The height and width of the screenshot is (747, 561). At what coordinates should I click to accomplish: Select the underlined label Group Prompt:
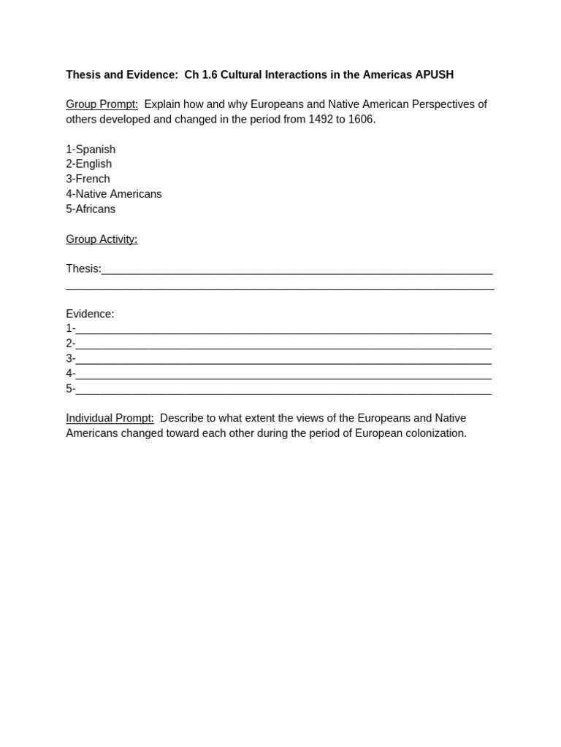click(x=102, y=104)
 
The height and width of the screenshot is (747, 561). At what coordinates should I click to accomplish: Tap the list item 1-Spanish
click(x=91, y=150)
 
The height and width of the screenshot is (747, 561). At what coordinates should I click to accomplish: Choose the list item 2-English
click(x=89, y=164)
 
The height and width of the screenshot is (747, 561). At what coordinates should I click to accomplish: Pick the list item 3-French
click(x=88, y=179)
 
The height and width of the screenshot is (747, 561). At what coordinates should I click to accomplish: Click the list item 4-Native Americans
click(x=114, y=194)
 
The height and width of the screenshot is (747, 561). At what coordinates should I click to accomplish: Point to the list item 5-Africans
click(x=91, y=209)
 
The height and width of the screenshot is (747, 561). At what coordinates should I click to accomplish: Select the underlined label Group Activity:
click(x=102, y=239)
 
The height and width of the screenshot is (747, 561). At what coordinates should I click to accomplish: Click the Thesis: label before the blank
click(x=83, y=268)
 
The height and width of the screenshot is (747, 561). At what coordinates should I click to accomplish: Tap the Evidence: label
click(x=90, y=314)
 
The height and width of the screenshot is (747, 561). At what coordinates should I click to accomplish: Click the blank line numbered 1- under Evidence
click(x=283, y=330)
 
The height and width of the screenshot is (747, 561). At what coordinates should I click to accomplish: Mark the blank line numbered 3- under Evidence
click(x=283, y=360)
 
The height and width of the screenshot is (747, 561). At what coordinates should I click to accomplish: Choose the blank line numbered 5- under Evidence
click(x=283, y=390)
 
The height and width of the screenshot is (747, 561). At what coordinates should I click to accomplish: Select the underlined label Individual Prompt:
click(x=110, y=418)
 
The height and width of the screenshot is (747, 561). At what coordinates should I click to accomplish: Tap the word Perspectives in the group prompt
click(x=443, y=104)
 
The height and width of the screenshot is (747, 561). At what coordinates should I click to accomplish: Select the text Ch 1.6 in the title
click(x=201, y=74)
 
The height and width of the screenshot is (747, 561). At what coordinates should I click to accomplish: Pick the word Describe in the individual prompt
click(x=183, y=418)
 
